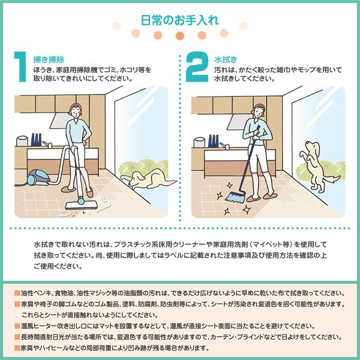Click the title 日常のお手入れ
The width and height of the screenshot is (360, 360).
(179, 19)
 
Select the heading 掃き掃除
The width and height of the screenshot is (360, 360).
(49, 59)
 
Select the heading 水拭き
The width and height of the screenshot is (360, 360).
(225, 59)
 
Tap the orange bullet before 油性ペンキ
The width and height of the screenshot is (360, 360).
(16, 295)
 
